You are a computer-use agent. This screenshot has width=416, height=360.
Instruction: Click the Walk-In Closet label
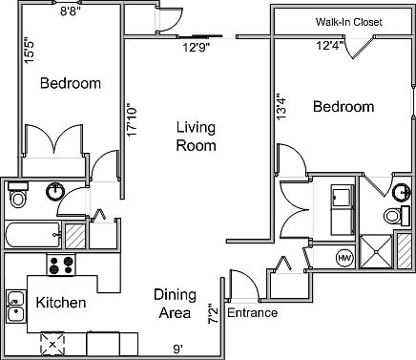343,22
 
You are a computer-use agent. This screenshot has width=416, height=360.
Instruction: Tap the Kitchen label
61,303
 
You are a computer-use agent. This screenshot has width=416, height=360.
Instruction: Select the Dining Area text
176,304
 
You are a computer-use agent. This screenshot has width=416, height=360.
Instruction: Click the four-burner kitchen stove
62,265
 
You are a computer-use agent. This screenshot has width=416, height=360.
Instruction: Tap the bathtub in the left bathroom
33,236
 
